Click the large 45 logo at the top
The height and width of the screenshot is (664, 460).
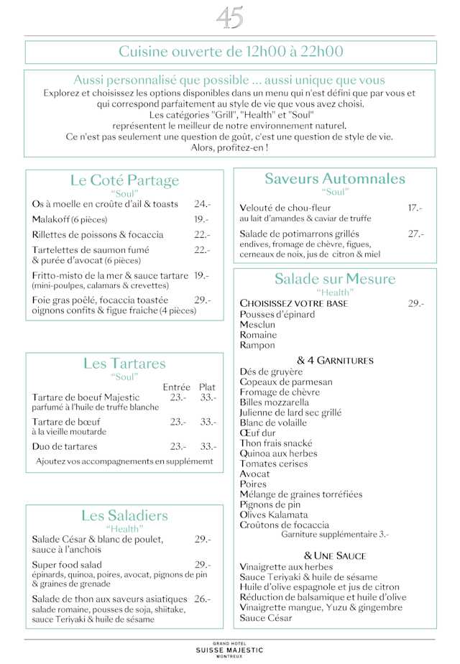[x=230, y=17]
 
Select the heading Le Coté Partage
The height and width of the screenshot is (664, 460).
[x=124, y=180]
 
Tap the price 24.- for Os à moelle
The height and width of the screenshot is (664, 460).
[x=201, y=204]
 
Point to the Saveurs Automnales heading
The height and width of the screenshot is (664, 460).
[x=335, y=178]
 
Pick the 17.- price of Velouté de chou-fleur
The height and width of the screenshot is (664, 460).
[x=415, y=208]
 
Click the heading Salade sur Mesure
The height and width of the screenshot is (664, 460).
[x=335, y=279]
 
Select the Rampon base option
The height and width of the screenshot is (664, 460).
[x=257, y=345]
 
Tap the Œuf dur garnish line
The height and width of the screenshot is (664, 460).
[x=257, y=433]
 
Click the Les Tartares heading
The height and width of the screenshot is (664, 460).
[x=124, y=364]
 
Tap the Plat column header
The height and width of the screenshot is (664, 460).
[x=207, y=387]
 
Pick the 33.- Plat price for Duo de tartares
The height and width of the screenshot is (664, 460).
[x=208, y=446]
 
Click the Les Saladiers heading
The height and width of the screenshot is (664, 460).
[x=124, y=515]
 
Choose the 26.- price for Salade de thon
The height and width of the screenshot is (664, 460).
[x=202, y=599]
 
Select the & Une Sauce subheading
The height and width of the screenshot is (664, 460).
[x=335, y=555]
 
